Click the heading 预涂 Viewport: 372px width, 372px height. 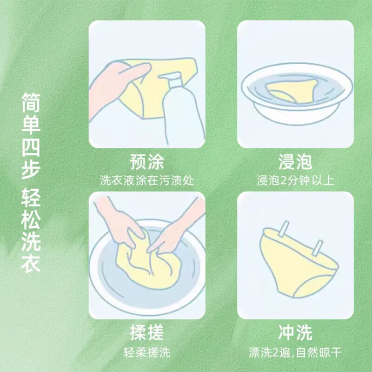pyautogui.click(x=147, y=163)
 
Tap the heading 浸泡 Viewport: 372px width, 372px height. pyautogui.click(x=295, y=163)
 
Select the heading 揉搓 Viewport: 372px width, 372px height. pyautogui.click(x=147, y=333)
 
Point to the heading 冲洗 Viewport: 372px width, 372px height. pyautogui.click(x=295, y=333)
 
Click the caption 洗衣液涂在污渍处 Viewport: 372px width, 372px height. pyautogui.click(x=147, y=180)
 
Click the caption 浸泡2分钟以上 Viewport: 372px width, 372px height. pyautogui.click(x=295, y=180)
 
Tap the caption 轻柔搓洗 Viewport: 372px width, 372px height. pyautogui.click(x=147, y=352)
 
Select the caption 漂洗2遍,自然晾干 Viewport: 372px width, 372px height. pyautogui.click(x=295, y=352)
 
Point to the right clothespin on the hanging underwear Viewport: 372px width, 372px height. pyautogui.click(x=318, y=248)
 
